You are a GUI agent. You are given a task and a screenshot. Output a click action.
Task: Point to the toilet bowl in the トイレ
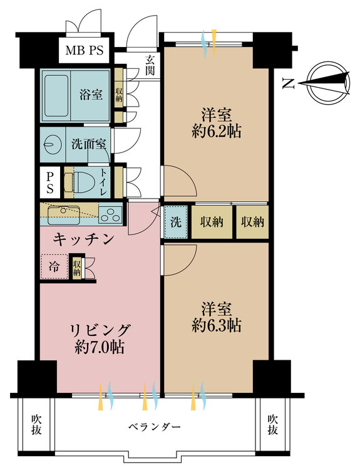83,182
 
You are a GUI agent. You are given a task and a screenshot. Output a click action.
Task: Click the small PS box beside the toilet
49,182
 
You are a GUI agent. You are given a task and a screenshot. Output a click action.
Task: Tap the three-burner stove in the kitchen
111,215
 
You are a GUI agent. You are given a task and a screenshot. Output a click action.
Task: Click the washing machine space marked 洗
175,221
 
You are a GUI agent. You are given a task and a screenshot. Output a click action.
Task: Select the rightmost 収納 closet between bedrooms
252,221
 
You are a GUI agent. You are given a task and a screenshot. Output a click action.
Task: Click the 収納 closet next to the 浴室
119,93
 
